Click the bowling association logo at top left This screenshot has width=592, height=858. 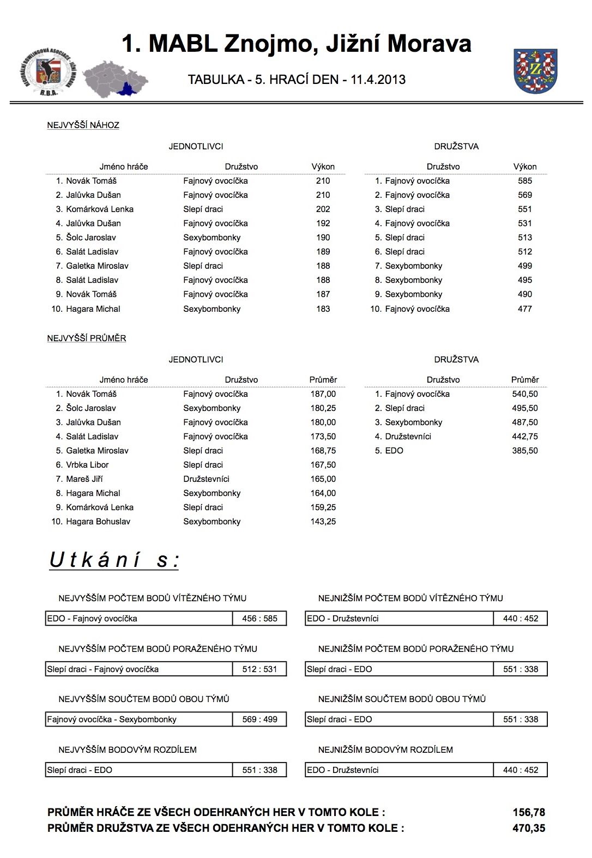point(49,72)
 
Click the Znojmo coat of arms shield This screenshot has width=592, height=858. point(535,70)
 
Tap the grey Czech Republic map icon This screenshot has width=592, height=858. point(114,80)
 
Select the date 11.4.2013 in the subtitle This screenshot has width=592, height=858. point(378,80)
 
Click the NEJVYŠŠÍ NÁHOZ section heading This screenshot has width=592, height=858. point(83,125)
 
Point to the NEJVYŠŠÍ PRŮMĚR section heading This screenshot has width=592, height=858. point(86,338)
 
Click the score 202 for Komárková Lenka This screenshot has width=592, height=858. point(323,209)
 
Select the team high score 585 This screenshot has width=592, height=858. point(524,180)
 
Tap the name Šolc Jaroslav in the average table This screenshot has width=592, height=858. point(90,408)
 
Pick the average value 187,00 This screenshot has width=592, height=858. point(323,394)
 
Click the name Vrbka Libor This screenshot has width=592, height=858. point(87,464)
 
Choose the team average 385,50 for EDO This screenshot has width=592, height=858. point(524,450)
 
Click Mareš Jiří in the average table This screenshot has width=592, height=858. point(84,479)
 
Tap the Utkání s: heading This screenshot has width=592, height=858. point(114,560)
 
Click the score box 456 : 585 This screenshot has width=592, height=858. point(259,618)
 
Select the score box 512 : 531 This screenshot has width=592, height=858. point(259,669)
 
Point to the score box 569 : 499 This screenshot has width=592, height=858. point(259,719)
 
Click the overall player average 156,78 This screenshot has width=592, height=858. point(528,812)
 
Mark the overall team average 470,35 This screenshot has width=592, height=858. point(528,828)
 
